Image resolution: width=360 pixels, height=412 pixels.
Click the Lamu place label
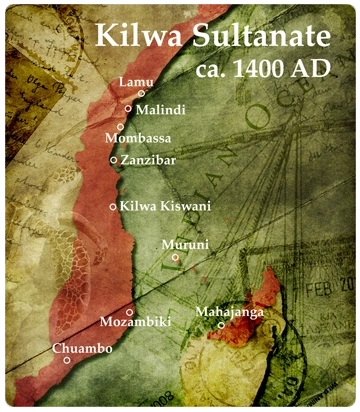click(x=133, y=81)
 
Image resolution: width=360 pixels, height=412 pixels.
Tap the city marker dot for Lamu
click(x=142, y=94)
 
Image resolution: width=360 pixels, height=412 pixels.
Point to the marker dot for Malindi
click(x=129, y=108)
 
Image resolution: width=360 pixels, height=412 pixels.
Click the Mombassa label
click(x=138, y=137)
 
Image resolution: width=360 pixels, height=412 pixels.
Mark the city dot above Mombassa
click(x=120, y=127)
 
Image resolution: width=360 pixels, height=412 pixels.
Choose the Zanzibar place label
click(x=148, y=159)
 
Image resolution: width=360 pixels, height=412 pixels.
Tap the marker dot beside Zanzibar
click(x=114, y=159)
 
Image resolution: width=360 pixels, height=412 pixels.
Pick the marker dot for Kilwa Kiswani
click(x=113, y=207)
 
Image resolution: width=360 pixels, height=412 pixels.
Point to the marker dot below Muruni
click(x=175, y=257)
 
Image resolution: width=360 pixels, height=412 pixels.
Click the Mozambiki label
click(x=136, y=322)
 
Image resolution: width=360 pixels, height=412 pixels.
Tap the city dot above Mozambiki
click(x=130, y=312)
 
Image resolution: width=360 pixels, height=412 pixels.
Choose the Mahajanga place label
click(x=229, y=313)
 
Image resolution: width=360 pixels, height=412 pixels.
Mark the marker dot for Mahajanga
click(x=222, y=325)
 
